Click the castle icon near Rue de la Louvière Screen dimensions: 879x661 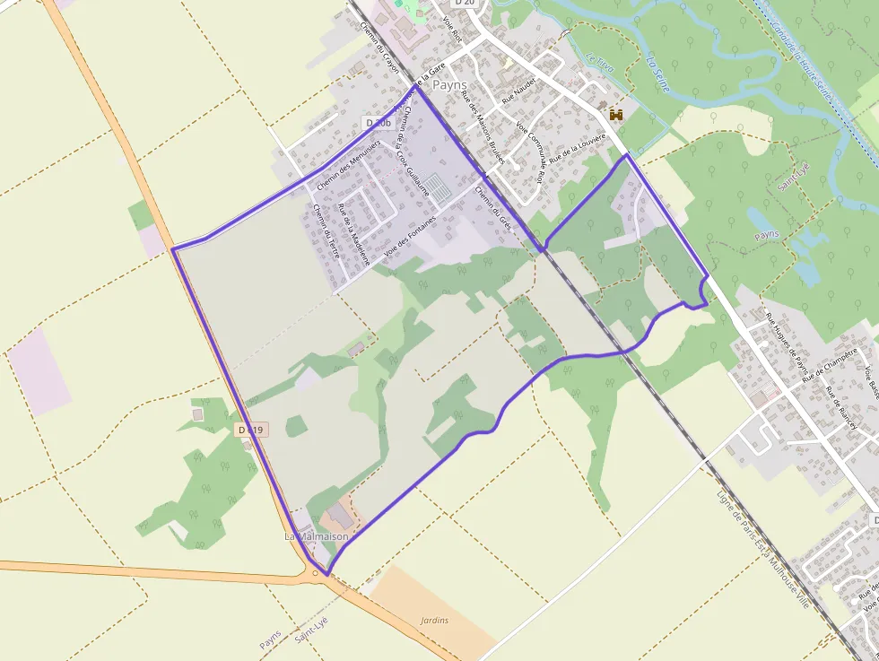click(x=616, y=114)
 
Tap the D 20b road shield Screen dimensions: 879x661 click(x=379, y=122)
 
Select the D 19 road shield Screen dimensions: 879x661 click(x=252, y=431)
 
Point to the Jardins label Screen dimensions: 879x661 click(x=434, y=620)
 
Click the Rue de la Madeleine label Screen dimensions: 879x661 click(x=353, y=233)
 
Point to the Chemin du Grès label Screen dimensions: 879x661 click(x=492, y=208)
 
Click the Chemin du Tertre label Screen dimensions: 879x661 click(x=326, y=230)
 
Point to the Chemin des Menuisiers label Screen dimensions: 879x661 click(x=349, y=164)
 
